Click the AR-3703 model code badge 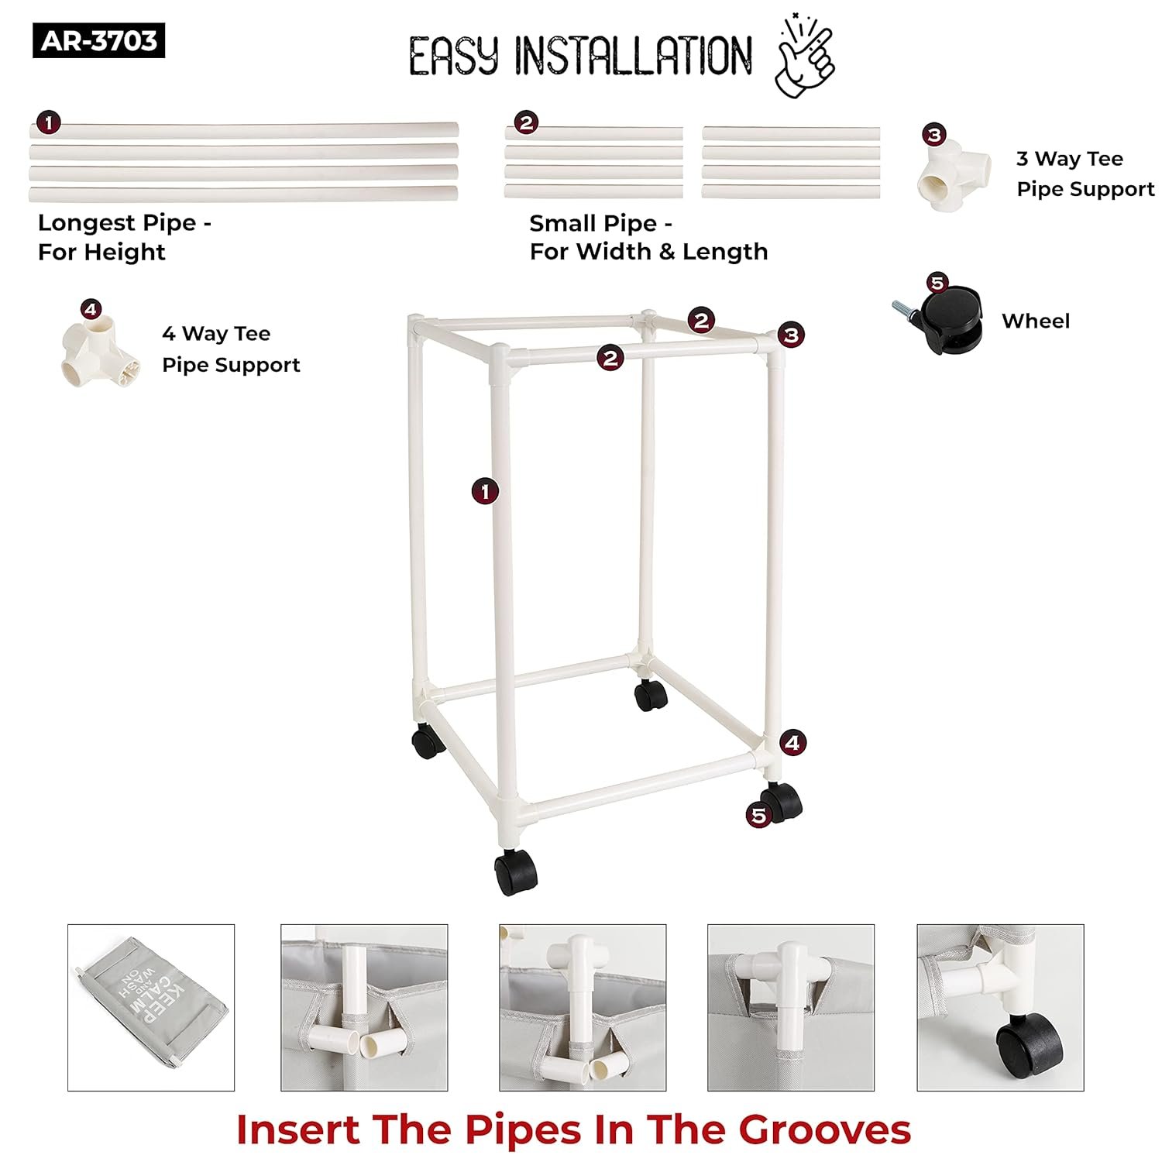(98, 41)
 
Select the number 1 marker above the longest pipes (48, 122)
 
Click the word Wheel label (1035, 321)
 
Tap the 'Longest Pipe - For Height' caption (125, 237)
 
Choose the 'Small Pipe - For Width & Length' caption (648, 237)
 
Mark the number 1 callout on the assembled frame (485, 491)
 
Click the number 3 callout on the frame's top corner (791, 335)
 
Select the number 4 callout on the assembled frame (792, 743)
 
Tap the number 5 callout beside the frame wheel (758, 815)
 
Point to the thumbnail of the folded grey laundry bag (151, 1007)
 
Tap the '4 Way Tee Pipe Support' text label (231, 349)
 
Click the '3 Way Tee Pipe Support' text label (1085, 174)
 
